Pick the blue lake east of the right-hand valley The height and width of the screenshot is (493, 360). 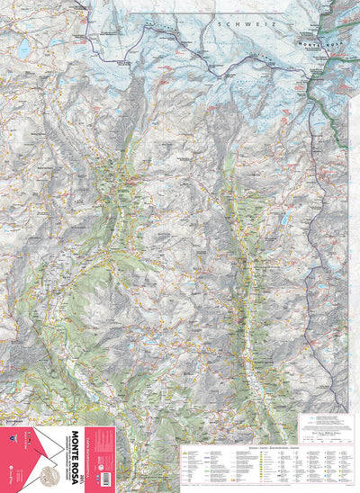pyautogui.click(x=285, y=219)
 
